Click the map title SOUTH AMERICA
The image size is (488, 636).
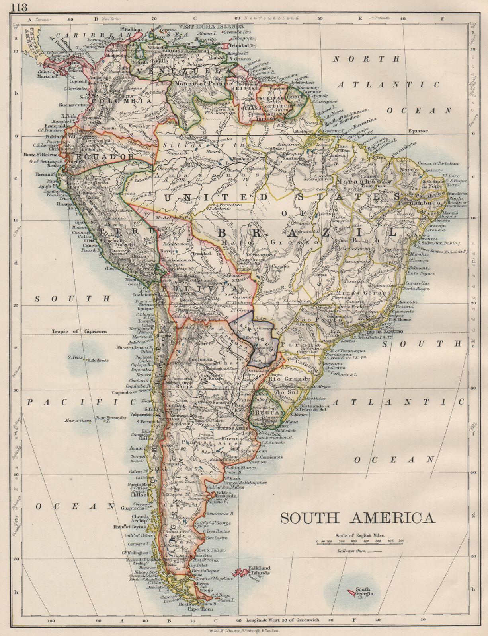357,518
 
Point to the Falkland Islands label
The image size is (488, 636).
259,570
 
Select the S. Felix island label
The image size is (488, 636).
75,357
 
